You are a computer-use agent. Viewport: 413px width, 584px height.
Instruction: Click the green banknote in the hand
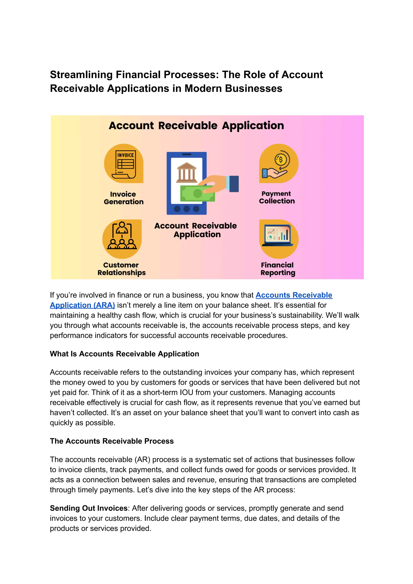pyautogui.click(x=197, y=193)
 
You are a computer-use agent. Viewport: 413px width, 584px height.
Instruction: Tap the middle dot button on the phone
pyautogui.click(x=187, y=209)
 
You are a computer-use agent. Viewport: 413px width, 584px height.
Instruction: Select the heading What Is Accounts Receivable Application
pyautogui.click(x=124, y=354)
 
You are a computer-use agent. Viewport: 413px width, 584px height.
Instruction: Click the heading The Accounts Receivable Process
pyautogui.click(x=112, y=441)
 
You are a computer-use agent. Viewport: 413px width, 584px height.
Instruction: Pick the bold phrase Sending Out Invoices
pyautogui.click(x=89, y=508)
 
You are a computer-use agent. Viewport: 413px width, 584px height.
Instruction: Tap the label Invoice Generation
pyautogui.click(x=124, y=198)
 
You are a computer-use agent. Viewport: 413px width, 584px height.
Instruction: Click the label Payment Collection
pyautogui.click(x=277, y=197)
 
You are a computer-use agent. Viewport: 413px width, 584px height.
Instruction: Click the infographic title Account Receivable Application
pyautogui.click(x=196, y=126)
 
